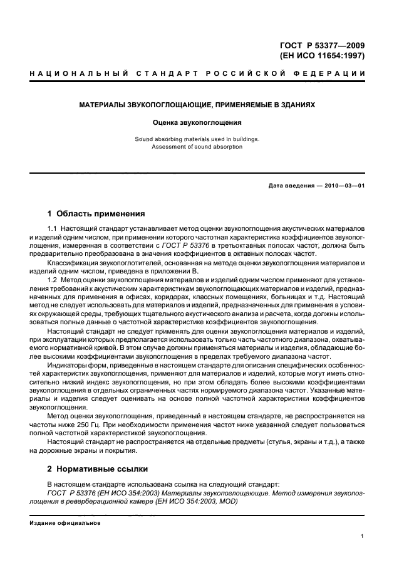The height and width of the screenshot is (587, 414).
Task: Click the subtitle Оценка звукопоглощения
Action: point(197,123)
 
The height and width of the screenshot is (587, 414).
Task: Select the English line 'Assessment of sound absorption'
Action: point(197,147)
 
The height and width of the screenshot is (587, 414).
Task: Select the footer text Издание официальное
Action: point(61,523)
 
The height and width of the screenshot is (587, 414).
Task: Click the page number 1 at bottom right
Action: point(363,536)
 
